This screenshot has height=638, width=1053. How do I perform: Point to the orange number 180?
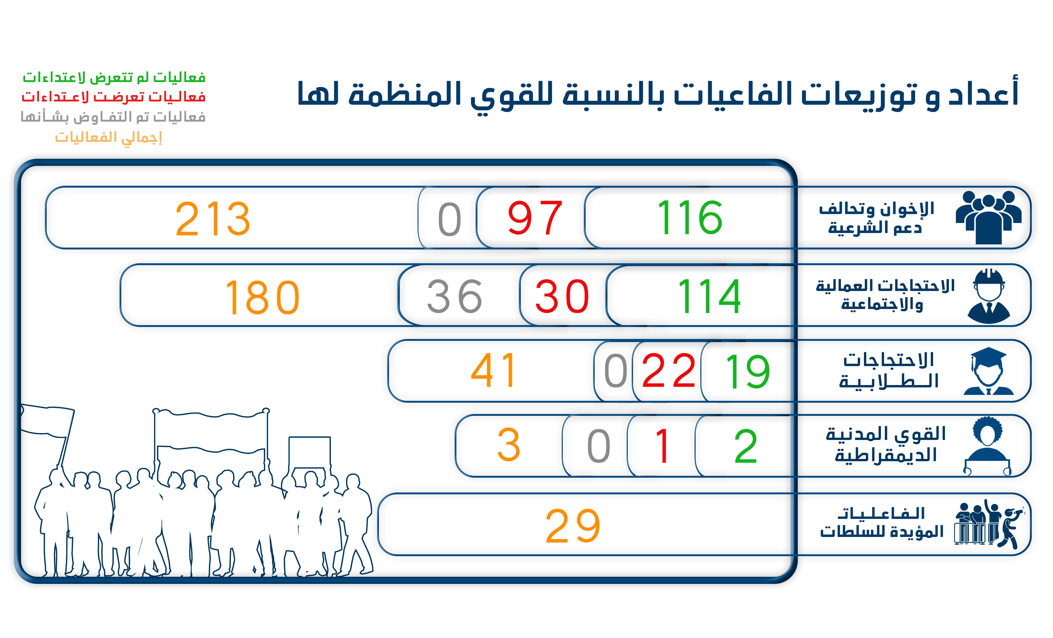262,297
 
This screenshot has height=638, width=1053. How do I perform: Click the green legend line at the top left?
114,78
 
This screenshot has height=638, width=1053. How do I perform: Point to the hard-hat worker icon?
989,296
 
